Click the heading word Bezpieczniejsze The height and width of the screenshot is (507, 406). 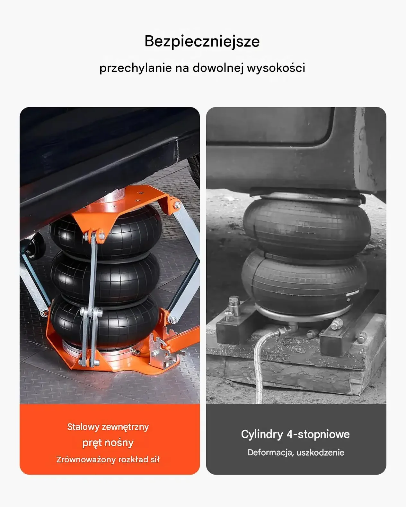point(202,42)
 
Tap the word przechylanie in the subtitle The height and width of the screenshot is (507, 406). point(136,68)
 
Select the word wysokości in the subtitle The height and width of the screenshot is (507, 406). point(276,68)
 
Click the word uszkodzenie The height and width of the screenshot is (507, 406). point(320,452)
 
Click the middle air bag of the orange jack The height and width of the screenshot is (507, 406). point(105,278)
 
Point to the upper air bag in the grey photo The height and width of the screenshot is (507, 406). point(307,228)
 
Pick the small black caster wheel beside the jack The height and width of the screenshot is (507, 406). point(35,246)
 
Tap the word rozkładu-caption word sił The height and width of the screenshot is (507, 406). point(155,459)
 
